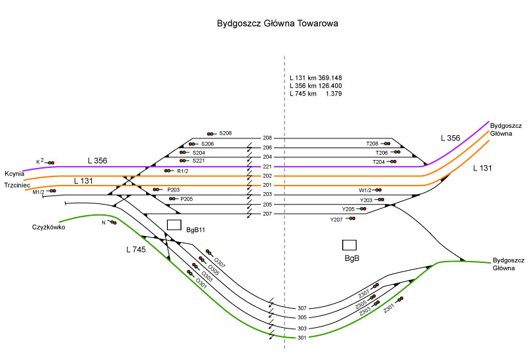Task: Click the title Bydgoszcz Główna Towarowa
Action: point(277,24)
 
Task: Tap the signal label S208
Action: point(225,133)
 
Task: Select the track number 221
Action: point(267,167)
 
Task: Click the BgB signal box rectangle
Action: point(349,245)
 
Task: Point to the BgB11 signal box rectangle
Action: point(174,225)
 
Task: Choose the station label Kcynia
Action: point(14,173)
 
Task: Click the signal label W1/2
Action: point(365,190)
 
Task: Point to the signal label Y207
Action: point(336,219)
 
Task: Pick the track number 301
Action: point(302,338)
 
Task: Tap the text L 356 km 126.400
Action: point(315,86)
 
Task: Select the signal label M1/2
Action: point(39,191)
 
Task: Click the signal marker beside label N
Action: point(113,223)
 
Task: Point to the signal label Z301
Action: point(389,307)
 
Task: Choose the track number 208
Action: point(267,138)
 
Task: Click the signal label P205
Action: point(187,199)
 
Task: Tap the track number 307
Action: point(302,308)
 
